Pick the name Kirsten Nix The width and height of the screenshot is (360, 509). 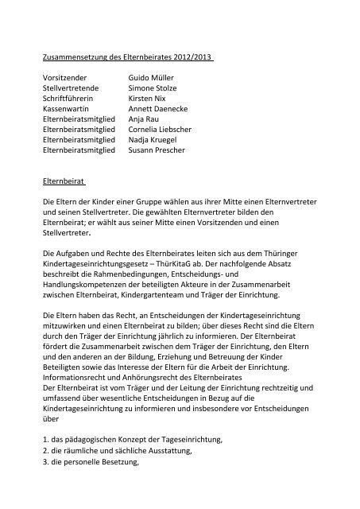148,103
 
